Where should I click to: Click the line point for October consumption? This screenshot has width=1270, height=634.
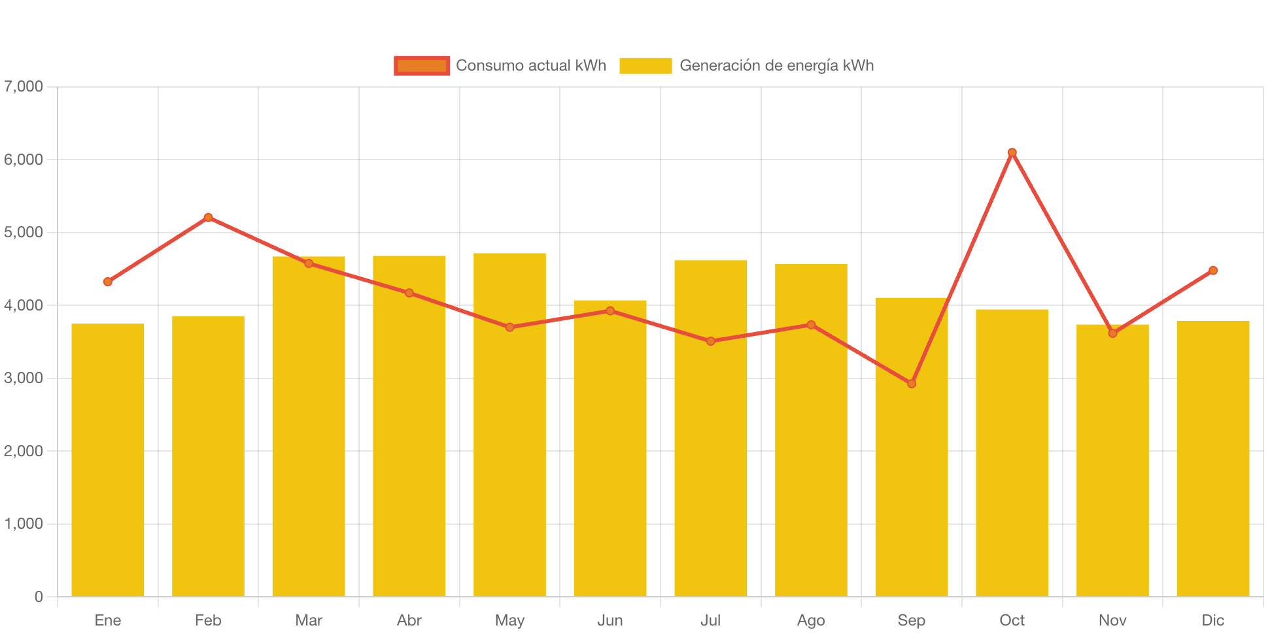pyautogui.click(x=1012, y=152)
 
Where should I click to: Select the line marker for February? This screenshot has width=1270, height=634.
pyautogui.click(x=208, y=218)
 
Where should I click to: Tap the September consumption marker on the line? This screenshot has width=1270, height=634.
pyautogui.click(x=912, y=384)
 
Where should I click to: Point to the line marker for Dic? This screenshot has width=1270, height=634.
pyautogui.click(x=1213, y=271)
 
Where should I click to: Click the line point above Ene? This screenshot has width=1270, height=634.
pyautogui.click(x=108, y=282)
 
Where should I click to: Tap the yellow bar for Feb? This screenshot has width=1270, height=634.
pyautogui.click(x=208, y=458)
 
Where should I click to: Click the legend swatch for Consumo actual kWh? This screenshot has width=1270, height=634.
pyautogui.click(x=422, y=65)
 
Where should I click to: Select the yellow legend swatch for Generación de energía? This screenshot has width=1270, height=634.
pyautogui.click(x=645, y=65)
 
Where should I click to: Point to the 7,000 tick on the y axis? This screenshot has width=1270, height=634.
pyautogui.click(x=24, y=86)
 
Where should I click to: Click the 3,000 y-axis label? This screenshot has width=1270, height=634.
pyautogui.click(x=24, y=378)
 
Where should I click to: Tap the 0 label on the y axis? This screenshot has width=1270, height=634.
pyautogui.click(x=39, y=597)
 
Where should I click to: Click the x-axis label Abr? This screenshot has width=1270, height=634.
pyautogui.click(x=409, y=620)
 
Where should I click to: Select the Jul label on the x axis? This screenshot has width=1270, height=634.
pyautogui.click(x=710, y=620)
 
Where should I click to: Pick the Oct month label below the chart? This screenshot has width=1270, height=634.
pyautogui.click(x=1012, y=620)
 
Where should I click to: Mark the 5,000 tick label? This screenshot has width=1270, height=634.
pyautogui.click(x=24, y=233)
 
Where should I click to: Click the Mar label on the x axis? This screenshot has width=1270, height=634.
pyautogui.click(x=309, y=620)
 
